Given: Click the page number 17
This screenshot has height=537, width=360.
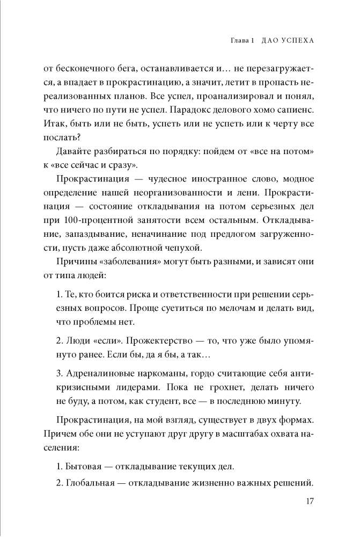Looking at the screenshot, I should pos(308,502).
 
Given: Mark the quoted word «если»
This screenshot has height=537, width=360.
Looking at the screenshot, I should pos(102,342).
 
